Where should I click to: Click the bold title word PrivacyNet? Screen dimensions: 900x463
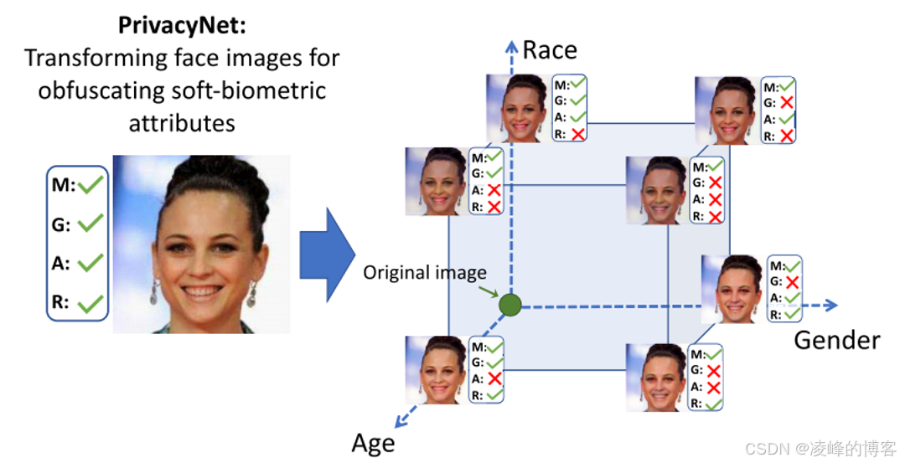pos(181,25)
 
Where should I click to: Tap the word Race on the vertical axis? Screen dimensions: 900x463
pos(550,50)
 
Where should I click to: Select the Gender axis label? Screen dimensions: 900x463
pos(836,341)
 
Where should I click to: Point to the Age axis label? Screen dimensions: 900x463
pos(373,443)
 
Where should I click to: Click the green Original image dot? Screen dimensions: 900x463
pos(509,305)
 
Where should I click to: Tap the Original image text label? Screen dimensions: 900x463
pos(424,273)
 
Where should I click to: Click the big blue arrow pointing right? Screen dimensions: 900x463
pos(328,255)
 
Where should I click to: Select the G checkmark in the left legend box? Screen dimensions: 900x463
pos(90,224)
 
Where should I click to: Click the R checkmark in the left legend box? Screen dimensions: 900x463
pos(90,304)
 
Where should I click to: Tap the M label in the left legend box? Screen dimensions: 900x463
pos(61,186)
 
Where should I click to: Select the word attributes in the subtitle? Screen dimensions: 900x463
pos(182,123)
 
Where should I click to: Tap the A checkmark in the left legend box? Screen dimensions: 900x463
pos(90,264)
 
